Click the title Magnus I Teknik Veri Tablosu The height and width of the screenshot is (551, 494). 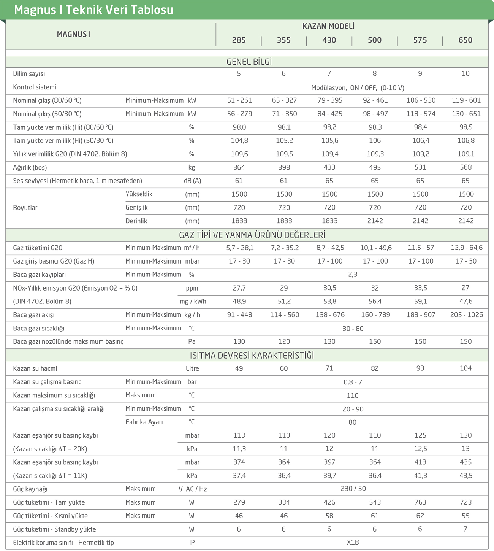click(93, 10)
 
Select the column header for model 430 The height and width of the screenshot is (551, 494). click(329, 40)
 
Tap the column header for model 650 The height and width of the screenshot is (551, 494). click(465, 40)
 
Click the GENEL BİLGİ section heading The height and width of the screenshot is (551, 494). click(249, 62)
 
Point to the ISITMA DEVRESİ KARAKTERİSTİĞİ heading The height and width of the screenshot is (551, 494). click(252, 356)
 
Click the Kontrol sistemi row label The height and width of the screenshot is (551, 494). click(35, 87)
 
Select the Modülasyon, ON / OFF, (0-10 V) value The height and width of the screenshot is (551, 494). click(358, 88)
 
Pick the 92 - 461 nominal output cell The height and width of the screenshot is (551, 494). click(375, 100)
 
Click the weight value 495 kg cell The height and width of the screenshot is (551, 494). click(375, 167)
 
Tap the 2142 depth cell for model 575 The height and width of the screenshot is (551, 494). click(420, 221)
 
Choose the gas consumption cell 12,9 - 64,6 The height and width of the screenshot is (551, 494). click(466, 248)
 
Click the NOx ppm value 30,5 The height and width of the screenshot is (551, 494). click(329, 288)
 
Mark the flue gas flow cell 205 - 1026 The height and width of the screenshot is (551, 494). click(466, 315)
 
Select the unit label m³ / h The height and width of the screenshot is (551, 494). click(192, 248)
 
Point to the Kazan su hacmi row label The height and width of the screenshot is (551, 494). click(35, 368)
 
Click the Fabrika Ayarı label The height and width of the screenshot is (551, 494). click(144, 422)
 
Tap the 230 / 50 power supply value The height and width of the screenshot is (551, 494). click(353, 489)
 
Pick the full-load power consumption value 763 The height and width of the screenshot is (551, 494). click(420, 502)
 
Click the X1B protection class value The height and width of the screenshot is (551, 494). click(353, 543)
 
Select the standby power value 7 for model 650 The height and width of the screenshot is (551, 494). click(465, 529)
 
